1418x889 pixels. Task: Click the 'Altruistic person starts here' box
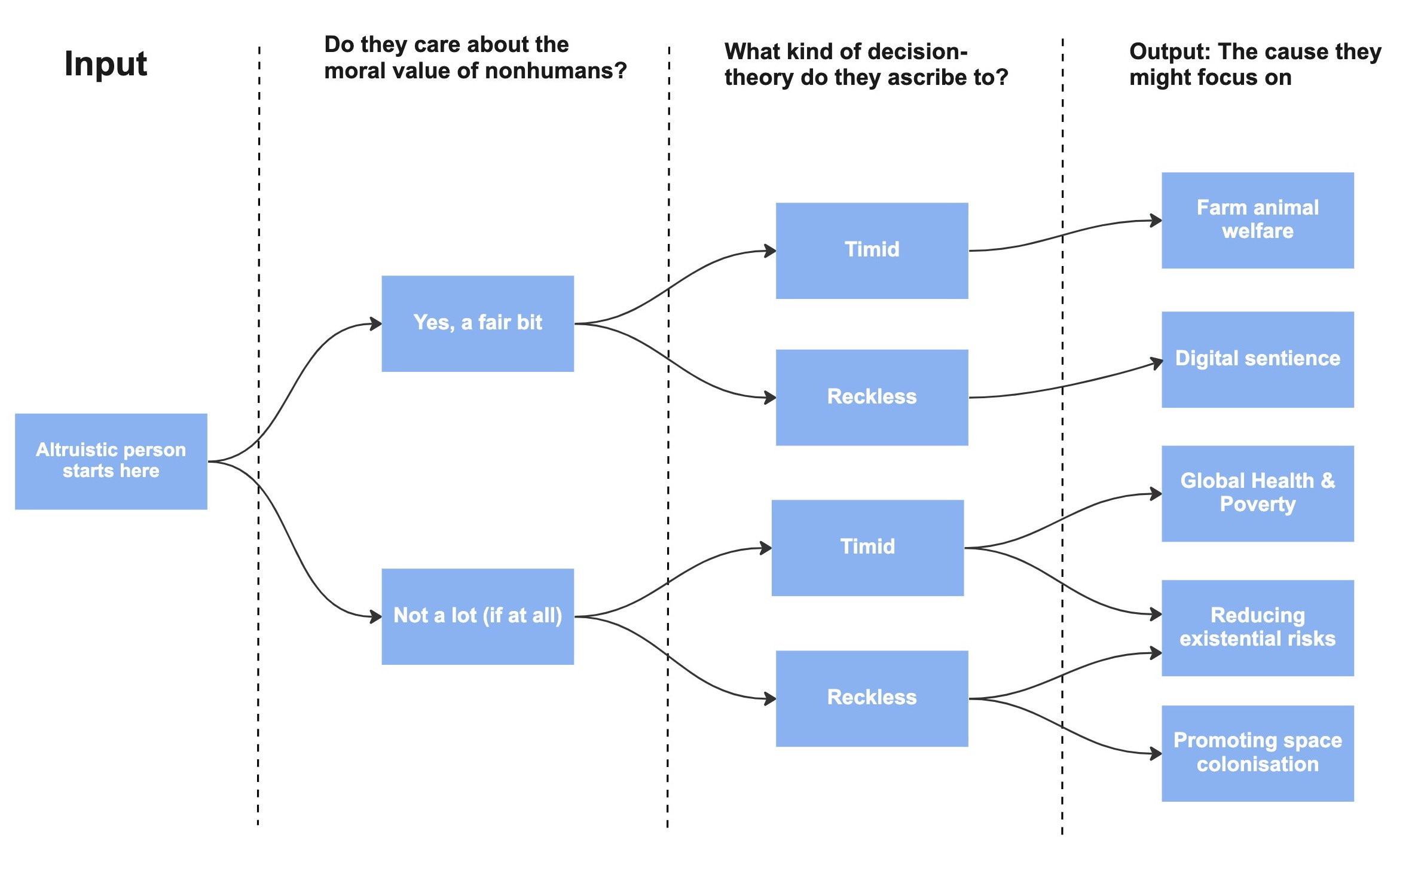111,461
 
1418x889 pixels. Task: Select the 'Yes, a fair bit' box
478,323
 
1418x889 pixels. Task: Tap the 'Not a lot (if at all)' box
478,616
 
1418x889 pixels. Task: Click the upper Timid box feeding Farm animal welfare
872,250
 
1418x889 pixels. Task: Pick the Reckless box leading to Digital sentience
872,397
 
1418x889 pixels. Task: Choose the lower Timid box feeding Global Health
867,548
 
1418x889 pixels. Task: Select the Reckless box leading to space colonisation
872,698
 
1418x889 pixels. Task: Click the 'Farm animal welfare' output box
1257,220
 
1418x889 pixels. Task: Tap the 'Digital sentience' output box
1257,359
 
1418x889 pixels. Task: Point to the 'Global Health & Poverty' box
1257,493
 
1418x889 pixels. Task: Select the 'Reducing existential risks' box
1257,628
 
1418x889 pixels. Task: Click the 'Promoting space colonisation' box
1257,753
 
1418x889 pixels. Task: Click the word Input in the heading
105,63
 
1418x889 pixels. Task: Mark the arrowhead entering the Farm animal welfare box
1156,221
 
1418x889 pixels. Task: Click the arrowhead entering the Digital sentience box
1157,362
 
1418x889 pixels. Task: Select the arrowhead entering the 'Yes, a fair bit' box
376,324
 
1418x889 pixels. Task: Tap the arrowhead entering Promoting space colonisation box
1156,754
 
